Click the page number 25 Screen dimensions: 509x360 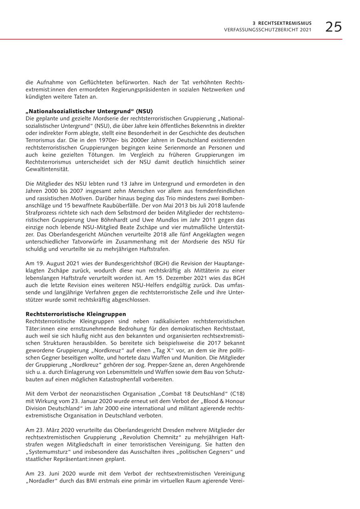pyautogui.click(x=333, y=27)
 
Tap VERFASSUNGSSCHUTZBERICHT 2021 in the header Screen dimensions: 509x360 pyautogui.click(x=268, y=30)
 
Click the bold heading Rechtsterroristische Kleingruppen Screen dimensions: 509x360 pyautogui.click(x=76, y=314)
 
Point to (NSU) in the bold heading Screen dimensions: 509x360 pyautogui.click(x=144, y=111)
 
